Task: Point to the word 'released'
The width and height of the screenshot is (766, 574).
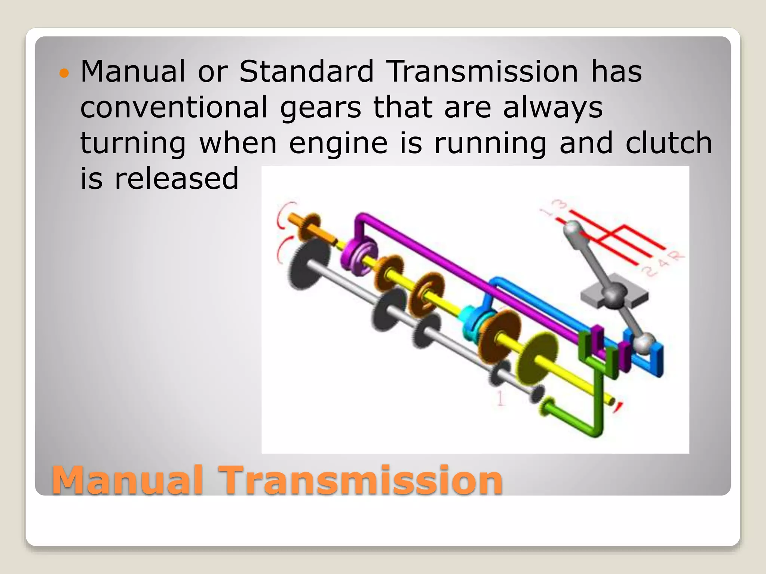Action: [176, 178]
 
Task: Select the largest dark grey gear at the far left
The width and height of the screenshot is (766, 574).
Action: [309, 264]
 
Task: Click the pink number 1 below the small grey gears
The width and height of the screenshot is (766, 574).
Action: [500, 398]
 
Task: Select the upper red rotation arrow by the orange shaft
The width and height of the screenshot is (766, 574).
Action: [283, 215]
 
